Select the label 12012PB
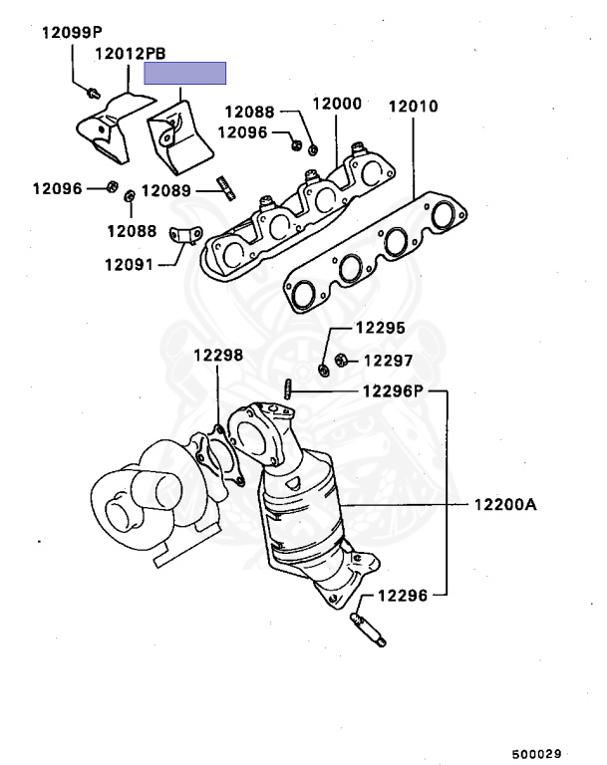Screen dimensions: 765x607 tap(130, 54)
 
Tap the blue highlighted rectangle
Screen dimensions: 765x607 tap(185, 73)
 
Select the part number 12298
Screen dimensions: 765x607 tap(217, 354)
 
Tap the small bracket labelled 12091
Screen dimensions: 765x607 tap(181, 237)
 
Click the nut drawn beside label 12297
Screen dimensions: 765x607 tap(340, 360)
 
